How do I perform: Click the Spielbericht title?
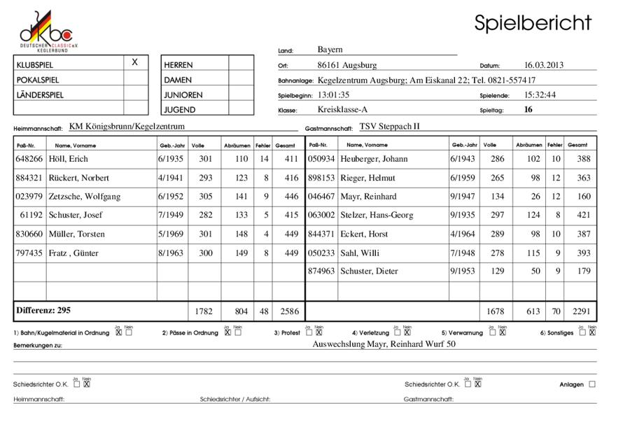tap(533, 23)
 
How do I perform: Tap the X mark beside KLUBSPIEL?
tap(135, 62)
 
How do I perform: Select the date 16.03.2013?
tap(544, 65)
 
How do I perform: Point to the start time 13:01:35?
tap(333, 94)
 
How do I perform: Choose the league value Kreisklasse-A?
tap(342, 109)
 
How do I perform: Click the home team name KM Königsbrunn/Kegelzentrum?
tap(127, 127)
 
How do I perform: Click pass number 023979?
tap(29, 197)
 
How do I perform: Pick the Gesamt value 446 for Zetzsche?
tap(288, 197)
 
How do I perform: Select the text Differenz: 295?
tap(43, 309)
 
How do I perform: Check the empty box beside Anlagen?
tap(593, 384)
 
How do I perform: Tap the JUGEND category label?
tap(179, 109)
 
